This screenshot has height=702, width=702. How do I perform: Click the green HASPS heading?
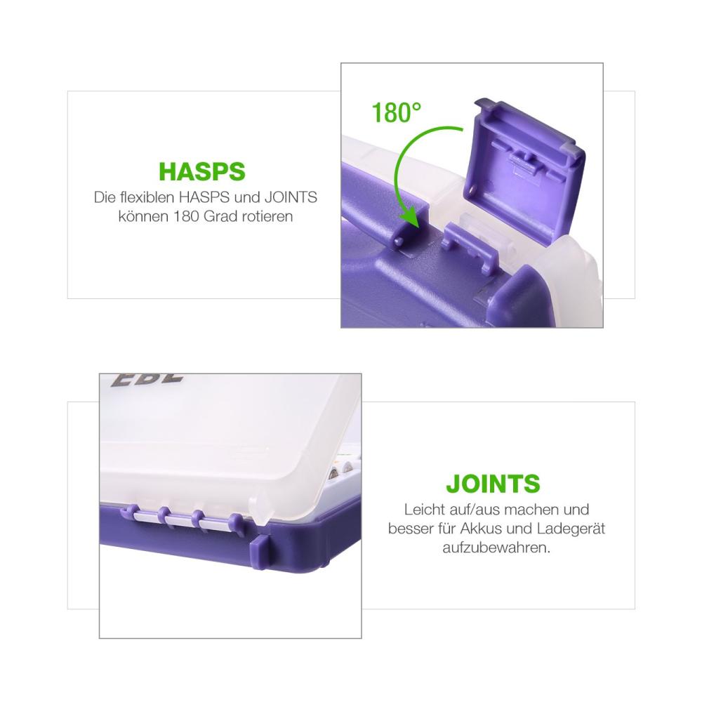point(202,171)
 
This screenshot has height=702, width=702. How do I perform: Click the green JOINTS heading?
point(493,484)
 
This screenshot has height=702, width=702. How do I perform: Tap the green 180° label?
point(397,112)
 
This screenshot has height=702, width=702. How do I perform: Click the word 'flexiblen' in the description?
point(147,197)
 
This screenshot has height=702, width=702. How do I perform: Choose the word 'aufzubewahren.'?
point(496,548)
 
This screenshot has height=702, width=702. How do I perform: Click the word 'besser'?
point(409,529)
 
